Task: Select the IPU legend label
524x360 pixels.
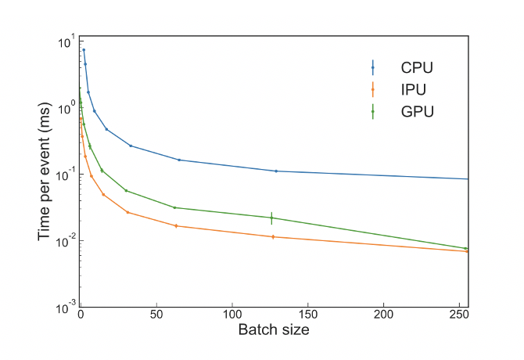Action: tap(411, 88)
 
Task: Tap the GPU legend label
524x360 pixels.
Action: tap(415, 111)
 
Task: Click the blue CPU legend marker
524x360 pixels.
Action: tap(372, 67)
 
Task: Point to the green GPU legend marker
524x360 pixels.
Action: tap(372, 111)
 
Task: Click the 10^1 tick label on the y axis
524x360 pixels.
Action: tap(66, 40)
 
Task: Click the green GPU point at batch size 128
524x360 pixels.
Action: tap(271, 218)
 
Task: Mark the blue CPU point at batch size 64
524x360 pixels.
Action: tap(179, 160)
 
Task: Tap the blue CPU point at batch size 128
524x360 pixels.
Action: tap(276, 171)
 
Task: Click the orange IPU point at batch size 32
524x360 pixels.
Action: tap(127, 212)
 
